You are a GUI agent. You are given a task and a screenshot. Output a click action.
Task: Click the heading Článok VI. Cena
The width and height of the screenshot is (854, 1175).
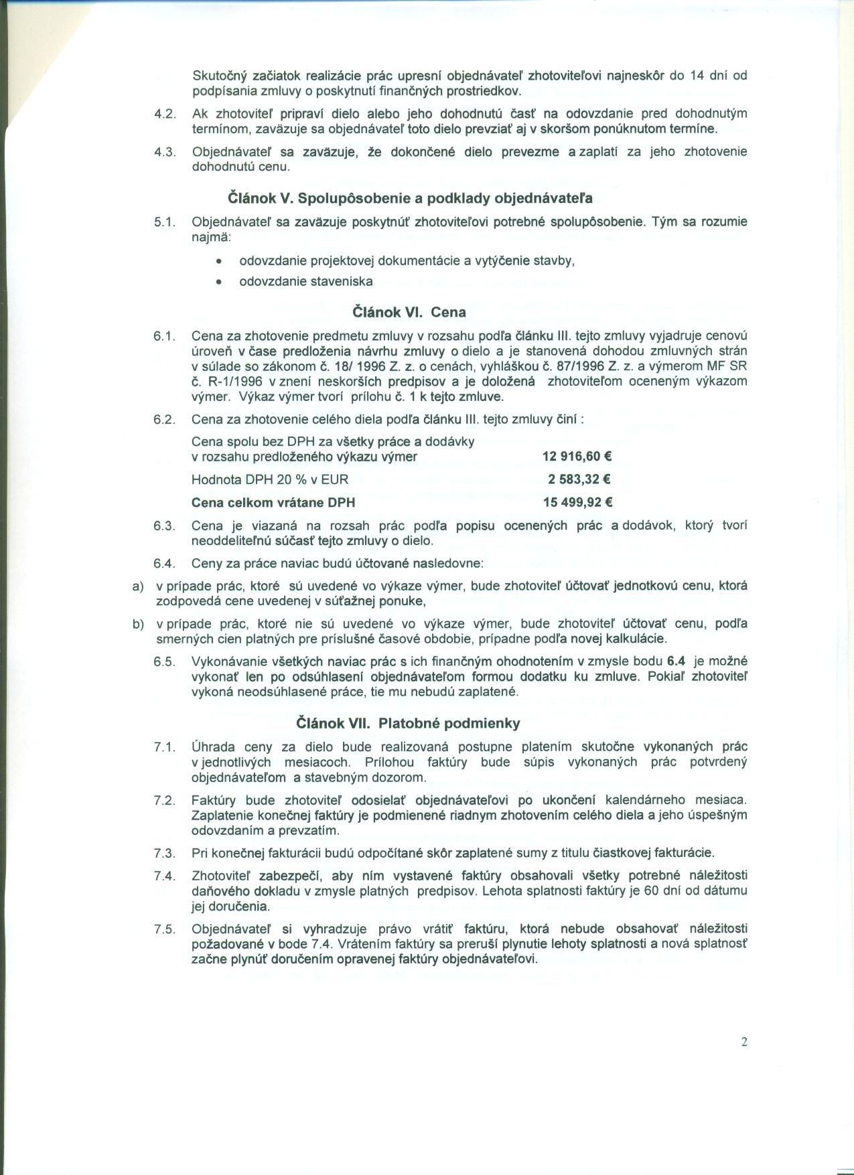(409, 312)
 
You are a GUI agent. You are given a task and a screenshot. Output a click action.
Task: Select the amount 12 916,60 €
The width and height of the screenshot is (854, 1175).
(577, 457)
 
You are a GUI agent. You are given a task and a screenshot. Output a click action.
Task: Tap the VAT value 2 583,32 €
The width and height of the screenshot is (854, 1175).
(579, 479)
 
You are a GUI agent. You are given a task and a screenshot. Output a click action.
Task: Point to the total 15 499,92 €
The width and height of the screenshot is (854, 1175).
(577, 502)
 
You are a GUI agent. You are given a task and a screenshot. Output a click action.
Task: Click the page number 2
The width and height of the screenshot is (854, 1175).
(744, 1042)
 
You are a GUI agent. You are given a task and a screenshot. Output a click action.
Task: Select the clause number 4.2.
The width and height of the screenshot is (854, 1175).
(164, 114)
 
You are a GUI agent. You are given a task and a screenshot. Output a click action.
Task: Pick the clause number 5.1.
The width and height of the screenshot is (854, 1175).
(164, 222)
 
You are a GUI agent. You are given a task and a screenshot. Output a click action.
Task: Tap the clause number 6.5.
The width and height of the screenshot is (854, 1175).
(164, 661)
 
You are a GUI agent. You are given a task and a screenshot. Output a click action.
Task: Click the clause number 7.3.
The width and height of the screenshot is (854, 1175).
(164, 853)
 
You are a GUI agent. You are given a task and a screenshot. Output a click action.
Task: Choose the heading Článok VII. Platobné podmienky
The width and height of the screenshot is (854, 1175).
(408, 723)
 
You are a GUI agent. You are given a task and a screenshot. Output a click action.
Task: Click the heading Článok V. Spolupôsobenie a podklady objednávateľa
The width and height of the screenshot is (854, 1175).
(411, 198)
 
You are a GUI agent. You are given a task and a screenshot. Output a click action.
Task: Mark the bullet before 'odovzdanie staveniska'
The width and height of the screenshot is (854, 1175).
(218, 282)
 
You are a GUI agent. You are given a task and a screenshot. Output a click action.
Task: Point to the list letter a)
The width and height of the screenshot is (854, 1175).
(138, 586)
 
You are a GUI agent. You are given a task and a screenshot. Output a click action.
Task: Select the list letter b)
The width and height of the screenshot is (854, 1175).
(138, 624)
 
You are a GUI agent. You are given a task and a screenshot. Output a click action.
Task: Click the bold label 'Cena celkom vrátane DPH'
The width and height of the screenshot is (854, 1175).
(273, 502)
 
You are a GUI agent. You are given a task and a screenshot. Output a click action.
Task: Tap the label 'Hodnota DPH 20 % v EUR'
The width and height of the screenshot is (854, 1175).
(270, 479)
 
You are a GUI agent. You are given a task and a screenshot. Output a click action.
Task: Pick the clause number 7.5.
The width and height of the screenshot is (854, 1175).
(164, 929)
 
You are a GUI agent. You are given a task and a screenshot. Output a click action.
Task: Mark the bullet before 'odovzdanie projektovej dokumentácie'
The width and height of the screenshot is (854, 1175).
(218, 261)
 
